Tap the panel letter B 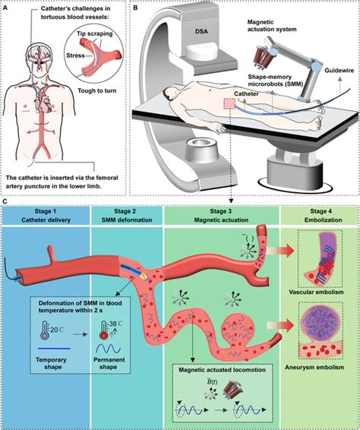pos(135,5)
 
